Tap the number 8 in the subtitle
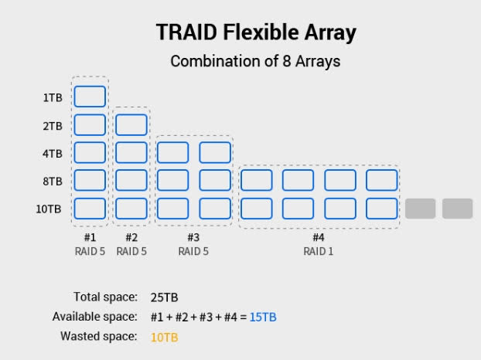[287, 61]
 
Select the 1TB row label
[53, 98]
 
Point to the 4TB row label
[53, 153]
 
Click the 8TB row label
[53, 181]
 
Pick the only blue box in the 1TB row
[90, 97]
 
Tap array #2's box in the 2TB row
[131, 124]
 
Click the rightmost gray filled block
[457, 209]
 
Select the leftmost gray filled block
[420, 209]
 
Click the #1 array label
[90, 237]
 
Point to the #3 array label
[193, 237]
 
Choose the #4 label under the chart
[318, 237]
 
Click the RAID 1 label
[318, 251]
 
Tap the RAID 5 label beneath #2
[131, 251]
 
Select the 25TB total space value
[164, 297]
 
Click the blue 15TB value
[263, 317]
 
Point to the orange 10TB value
[164, 338]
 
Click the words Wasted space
[99, 336]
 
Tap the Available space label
[95, 317]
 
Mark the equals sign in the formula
[244, 317]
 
